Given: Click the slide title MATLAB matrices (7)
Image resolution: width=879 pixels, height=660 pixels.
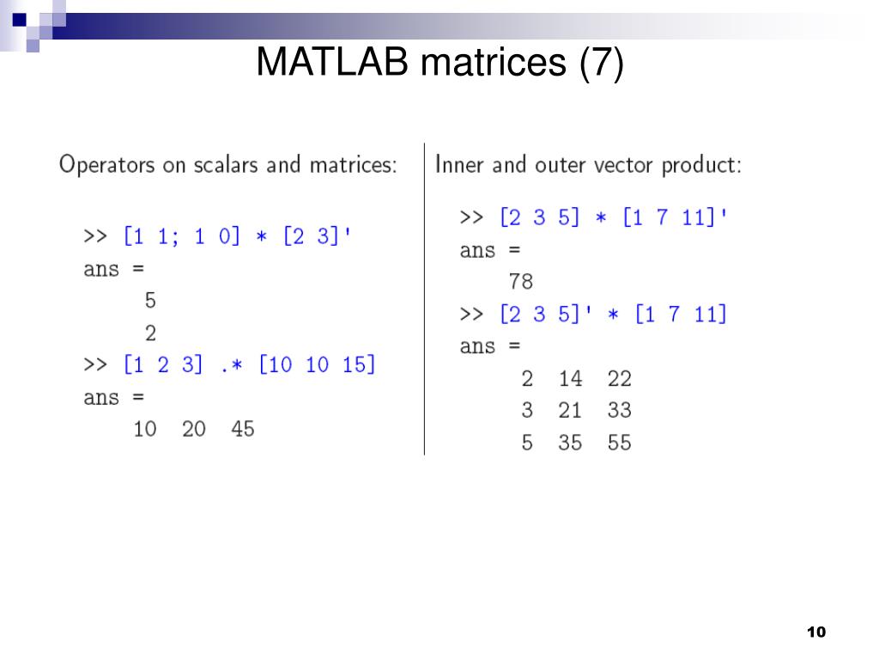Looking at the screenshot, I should tap(439, 64).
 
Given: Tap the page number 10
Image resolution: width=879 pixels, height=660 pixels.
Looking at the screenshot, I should tap(815, 632).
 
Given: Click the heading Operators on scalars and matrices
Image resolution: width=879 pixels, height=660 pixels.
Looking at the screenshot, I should tap(227, 164).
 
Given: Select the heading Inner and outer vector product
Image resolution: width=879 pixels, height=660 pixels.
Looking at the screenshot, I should tap(588, 164).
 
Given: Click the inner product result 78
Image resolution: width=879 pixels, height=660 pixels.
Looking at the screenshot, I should tap(520, 281).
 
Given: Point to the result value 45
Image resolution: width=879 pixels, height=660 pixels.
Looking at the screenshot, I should tap(243, 428).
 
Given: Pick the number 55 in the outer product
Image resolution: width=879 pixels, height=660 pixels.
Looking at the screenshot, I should tap(619, 443).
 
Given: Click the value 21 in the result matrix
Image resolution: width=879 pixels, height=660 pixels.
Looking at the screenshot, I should tap(570, 411).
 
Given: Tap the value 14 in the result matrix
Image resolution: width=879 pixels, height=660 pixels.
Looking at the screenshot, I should tap(570, 378).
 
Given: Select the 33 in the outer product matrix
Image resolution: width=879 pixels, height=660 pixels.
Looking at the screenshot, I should tap(619, 411).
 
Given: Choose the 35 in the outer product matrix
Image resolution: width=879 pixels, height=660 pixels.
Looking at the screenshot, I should tap(570, 443).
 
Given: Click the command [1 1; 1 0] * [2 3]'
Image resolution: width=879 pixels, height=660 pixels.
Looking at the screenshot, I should tap(238, 236).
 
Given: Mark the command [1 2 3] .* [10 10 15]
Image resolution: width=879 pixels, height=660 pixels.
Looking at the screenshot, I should tap(250, 364).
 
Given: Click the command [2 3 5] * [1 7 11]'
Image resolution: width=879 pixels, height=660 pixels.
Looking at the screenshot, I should tap(615, 218).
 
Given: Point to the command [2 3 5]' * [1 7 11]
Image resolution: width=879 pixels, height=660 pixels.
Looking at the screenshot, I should tap(613, 315).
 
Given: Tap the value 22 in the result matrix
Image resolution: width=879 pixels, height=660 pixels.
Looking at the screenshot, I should tap(619, 378).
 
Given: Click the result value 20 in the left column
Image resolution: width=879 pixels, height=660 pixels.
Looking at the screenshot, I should tap(194, 428).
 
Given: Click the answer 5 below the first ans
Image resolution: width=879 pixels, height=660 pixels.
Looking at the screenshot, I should tap(150, 301).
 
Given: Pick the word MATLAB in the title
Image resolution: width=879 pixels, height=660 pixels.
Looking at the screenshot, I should tap(331, 64).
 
